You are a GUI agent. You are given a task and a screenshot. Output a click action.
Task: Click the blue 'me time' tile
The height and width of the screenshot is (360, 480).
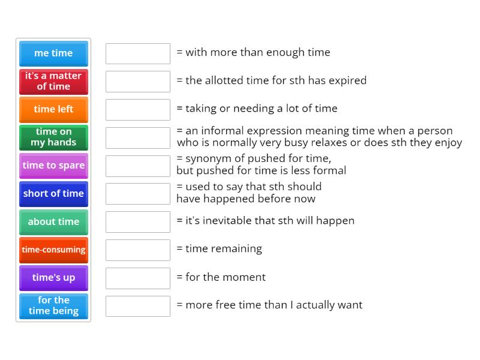(53, 53)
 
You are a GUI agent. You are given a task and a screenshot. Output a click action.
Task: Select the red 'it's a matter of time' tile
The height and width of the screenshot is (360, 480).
(53, 81)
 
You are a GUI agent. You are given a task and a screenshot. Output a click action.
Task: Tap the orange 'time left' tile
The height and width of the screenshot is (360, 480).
(53, 109)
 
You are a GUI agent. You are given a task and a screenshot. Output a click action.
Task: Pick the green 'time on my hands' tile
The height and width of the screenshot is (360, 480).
(53, 137)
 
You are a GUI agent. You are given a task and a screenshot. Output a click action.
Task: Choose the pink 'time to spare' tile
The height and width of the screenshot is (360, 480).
(53, 165)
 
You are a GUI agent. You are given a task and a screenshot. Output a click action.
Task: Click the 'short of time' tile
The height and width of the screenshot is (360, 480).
(53, 193)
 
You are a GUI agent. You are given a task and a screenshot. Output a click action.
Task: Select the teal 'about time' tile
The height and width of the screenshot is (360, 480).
(53, 221)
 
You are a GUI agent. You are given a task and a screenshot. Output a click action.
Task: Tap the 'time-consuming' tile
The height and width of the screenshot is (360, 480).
(53, 250)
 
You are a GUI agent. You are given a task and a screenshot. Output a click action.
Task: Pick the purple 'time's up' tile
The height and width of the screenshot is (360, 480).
(53, 278)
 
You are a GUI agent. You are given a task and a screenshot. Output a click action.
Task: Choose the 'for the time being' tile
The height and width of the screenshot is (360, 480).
(53, 305)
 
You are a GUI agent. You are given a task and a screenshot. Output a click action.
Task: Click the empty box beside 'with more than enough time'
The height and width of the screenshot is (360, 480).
(138, 53)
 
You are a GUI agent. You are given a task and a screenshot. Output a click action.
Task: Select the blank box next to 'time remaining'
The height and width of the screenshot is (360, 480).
(138, 250)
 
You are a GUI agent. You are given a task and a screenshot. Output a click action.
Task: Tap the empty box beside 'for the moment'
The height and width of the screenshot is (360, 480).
(138, 278)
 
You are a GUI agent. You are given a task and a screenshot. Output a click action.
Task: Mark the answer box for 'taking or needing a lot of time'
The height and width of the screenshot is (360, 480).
(138, 109)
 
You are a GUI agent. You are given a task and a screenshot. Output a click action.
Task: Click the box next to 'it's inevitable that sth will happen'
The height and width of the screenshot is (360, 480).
(138, 221)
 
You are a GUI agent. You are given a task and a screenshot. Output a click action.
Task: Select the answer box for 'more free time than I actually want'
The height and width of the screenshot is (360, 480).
(138, 306)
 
